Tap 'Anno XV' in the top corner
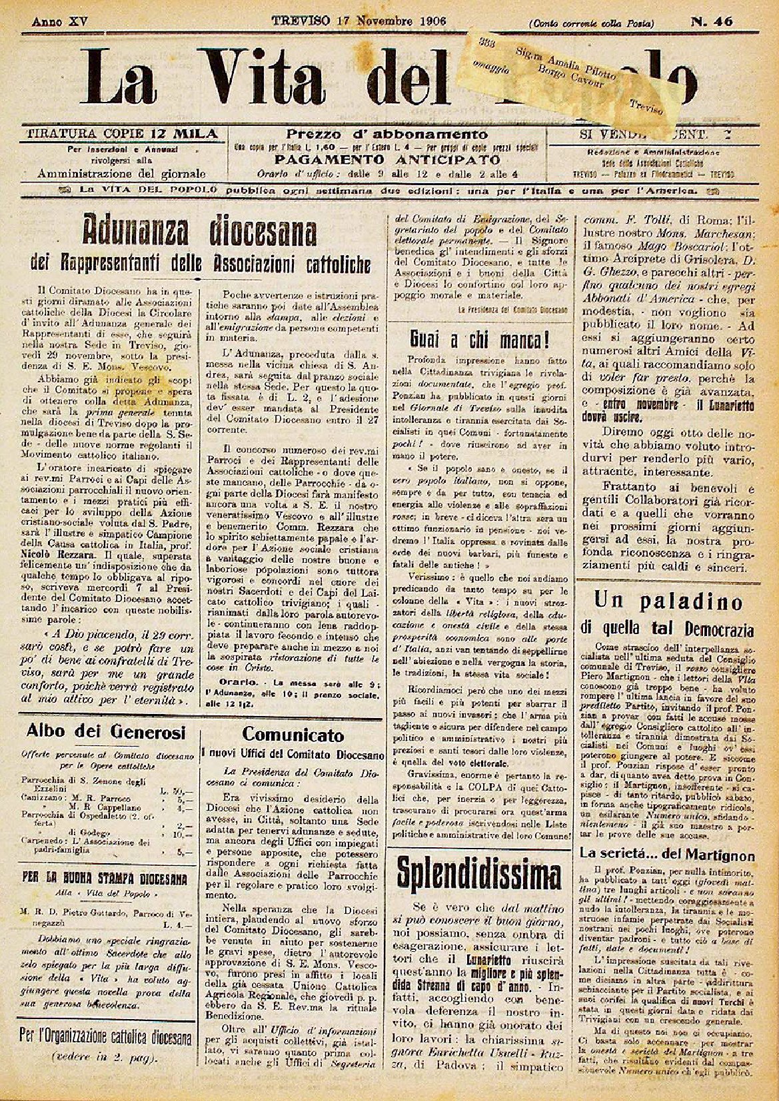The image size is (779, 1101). tap(59, 21)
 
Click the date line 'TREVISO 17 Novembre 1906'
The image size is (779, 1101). tap(359, 20)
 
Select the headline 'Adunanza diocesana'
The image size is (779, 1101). tap(199, 233)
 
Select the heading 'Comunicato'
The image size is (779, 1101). tap(293, 735)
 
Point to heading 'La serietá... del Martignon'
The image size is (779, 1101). tap(666, 855)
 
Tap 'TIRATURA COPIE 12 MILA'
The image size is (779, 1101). tap(121, 134)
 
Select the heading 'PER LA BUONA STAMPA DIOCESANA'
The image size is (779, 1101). tap(104, 878)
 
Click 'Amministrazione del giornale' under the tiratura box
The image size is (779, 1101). tap(121, 174)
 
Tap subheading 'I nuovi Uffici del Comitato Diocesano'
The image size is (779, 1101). tap(293, 755)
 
